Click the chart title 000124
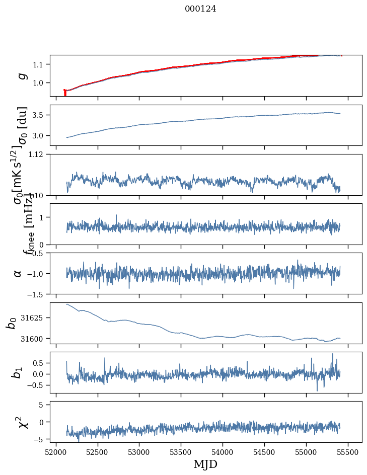[200, 9]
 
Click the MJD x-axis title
[205, 464]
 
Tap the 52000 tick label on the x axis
[56, 451]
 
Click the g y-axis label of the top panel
[22, 75]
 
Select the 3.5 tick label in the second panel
[40, 115]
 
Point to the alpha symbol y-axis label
[18, 273]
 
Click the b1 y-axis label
[18, 372]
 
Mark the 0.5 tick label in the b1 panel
[40, 363]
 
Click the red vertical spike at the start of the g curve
[65, 93]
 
